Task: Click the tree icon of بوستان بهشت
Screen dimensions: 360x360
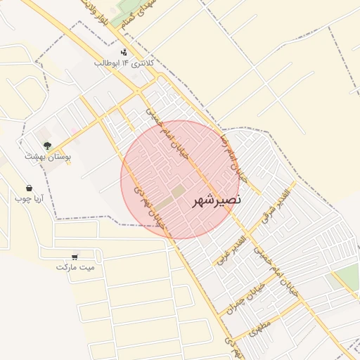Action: pyautogui.click(x=47, y=146)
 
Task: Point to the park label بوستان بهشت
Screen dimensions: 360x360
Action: pyautogui.click(x=44, y=156)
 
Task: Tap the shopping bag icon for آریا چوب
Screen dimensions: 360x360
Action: pyautogui.click(x=29, y=188)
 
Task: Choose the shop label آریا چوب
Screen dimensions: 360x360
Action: pyautogui.click(x=29, y=198)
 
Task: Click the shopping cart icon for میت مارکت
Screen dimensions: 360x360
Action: pyautogui.click(x=75, y=257)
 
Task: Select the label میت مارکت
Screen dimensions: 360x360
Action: pyautogui.click(x=80, y=268)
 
